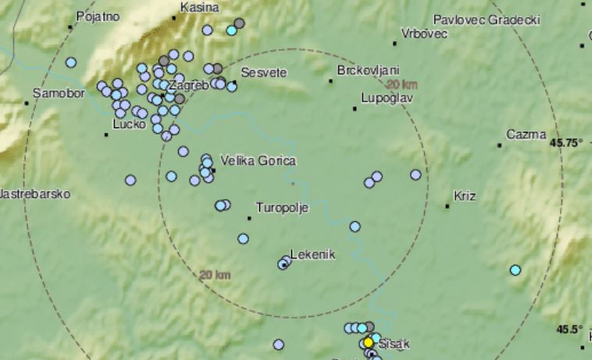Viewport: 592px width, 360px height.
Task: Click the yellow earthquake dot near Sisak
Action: point(368,342)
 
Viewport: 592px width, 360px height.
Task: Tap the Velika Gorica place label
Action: point(259,161)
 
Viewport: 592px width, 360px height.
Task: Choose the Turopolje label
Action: point(283,209)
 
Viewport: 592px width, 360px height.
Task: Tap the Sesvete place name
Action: point(264,73)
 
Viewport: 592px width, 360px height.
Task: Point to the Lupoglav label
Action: point(387,98)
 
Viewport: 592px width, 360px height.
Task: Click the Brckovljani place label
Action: point(369,71)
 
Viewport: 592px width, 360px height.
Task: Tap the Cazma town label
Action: point(526,134)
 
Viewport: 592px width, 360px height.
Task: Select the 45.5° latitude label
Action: point(570,330)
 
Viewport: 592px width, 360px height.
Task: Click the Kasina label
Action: point(199,7)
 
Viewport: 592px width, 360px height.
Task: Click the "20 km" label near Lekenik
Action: point(215,275)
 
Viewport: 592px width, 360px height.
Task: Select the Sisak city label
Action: point(394,343)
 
